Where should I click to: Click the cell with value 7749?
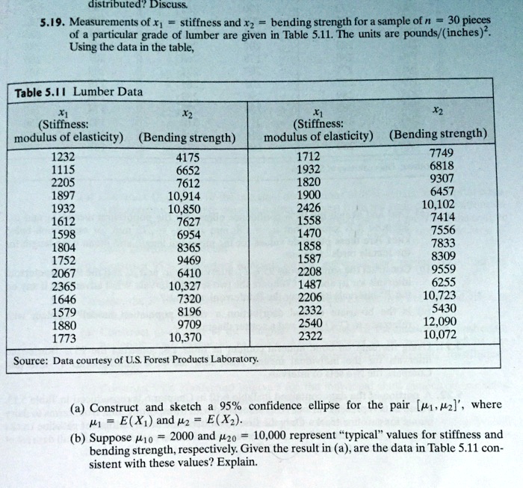442,152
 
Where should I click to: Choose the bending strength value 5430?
443,309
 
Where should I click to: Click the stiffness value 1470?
309,232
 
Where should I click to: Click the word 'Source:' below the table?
31,359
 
